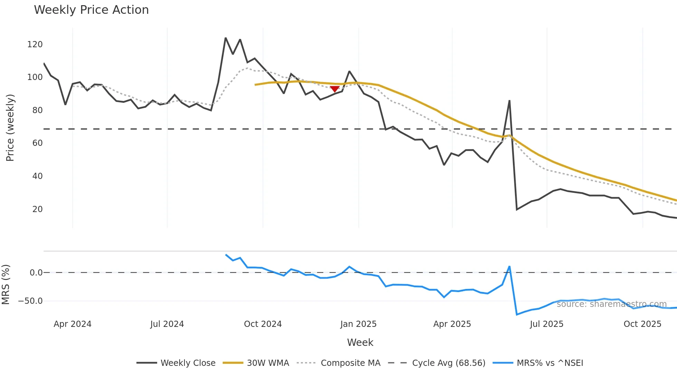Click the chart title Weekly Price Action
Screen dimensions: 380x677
pyautogui.click(x=91, y=10)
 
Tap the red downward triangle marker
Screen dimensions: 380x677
pyautogui.click(x=335, y=89)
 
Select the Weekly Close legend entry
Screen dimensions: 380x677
pyautogui.click(x=176, y=363)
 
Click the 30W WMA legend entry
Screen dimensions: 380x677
pyautogui.click(x=256, y=363)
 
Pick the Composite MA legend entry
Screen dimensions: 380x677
pyautogui.click(x=338, y=363)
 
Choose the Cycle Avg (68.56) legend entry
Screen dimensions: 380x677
pyautogui.click(x=437, y=363)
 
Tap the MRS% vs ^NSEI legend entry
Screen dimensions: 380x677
pyautogui.click(x=538, y=363)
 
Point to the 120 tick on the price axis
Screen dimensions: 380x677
pyautogui.click(x=35, y=44)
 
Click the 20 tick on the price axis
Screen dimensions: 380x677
pyautogui.click(x=37, y=209)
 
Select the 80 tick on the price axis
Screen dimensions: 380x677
pyautogui.click(x=37, y=110)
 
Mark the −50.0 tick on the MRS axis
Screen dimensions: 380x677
pyautogui.click(x=30, y=301)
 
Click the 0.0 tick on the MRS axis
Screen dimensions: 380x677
pyautogui.click(x=36, y=273)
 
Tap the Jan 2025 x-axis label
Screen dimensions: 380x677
pyautogui.click(x=358, y=324)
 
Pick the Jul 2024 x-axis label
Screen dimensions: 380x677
pyautogui.click(x=167, y=324)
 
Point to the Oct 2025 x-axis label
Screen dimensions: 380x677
pyautogui.click(x=642, y=324)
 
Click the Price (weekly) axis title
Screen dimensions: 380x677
pyautogui.click(x=10, y=128)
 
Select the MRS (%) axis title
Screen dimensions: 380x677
pyautogui.click(x=6, y=284)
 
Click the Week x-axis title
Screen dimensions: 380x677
pyautogui.click(x=360, y=342)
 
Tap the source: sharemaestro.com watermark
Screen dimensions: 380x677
pyautogui.click(x=611, y=304)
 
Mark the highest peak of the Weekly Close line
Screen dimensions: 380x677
pyautogui.click(x=226, y=38)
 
